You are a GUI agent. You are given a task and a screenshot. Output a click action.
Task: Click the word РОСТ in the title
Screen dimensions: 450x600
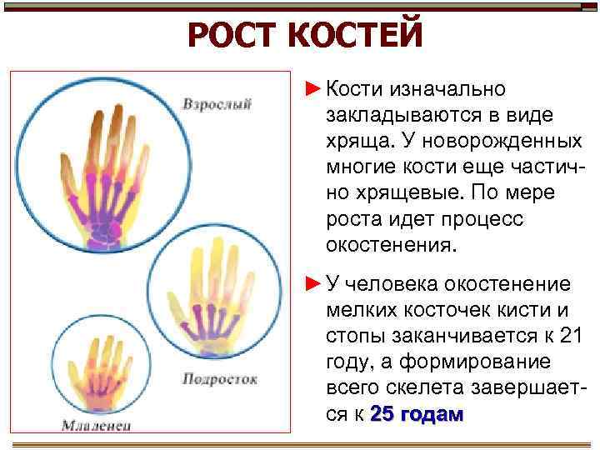pyautogui.click(x=234, y=36)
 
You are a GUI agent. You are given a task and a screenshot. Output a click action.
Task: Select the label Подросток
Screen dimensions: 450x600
pyautogui.click(x=219, y=378)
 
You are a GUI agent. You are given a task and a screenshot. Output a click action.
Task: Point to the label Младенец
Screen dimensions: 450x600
pyautogui.click(x=97, y=426)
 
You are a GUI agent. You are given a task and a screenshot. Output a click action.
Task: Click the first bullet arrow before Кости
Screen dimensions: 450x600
pyautogui.click(x=312, y=87)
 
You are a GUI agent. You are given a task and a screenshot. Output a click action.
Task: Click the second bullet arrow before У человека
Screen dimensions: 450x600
pyautogui.click(x=312, y=284)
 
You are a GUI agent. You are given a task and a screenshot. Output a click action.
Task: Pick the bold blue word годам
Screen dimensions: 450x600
pyautogui.click(x=433, y=414)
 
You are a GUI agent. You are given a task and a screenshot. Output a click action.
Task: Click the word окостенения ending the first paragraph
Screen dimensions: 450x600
pyautogui.click(x=390, y=247)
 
